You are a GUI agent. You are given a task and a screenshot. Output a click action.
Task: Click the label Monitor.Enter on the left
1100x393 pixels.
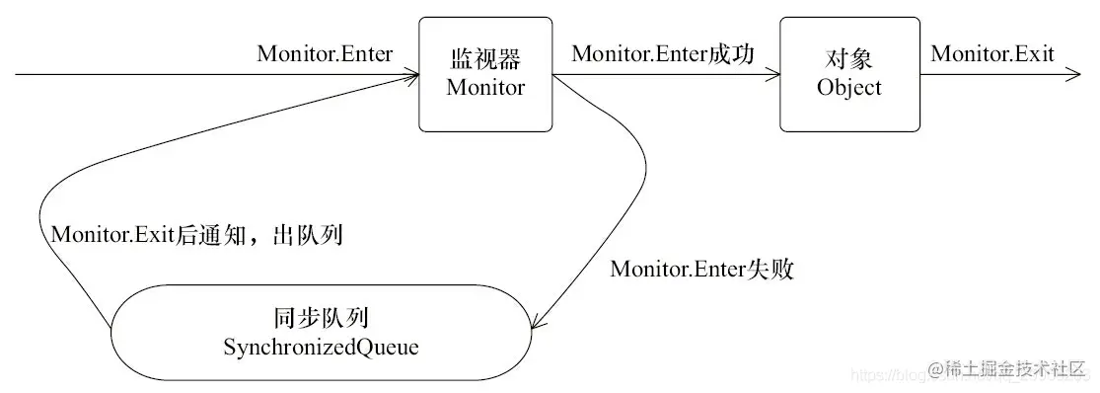pos(325,54)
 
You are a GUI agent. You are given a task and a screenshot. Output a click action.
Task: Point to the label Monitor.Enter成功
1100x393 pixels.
pos(663,54)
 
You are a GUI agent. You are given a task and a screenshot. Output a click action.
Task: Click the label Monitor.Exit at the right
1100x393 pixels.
pos(991,54)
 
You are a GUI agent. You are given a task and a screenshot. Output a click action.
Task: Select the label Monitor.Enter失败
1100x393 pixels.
pos(702,269)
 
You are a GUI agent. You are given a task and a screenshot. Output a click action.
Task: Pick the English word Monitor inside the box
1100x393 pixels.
pos(485,87)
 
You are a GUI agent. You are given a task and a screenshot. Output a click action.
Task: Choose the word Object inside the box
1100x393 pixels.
pos(848,87)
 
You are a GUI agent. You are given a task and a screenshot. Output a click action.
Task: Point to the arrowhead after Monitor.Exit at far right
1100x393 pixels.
pos(1073,75)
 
